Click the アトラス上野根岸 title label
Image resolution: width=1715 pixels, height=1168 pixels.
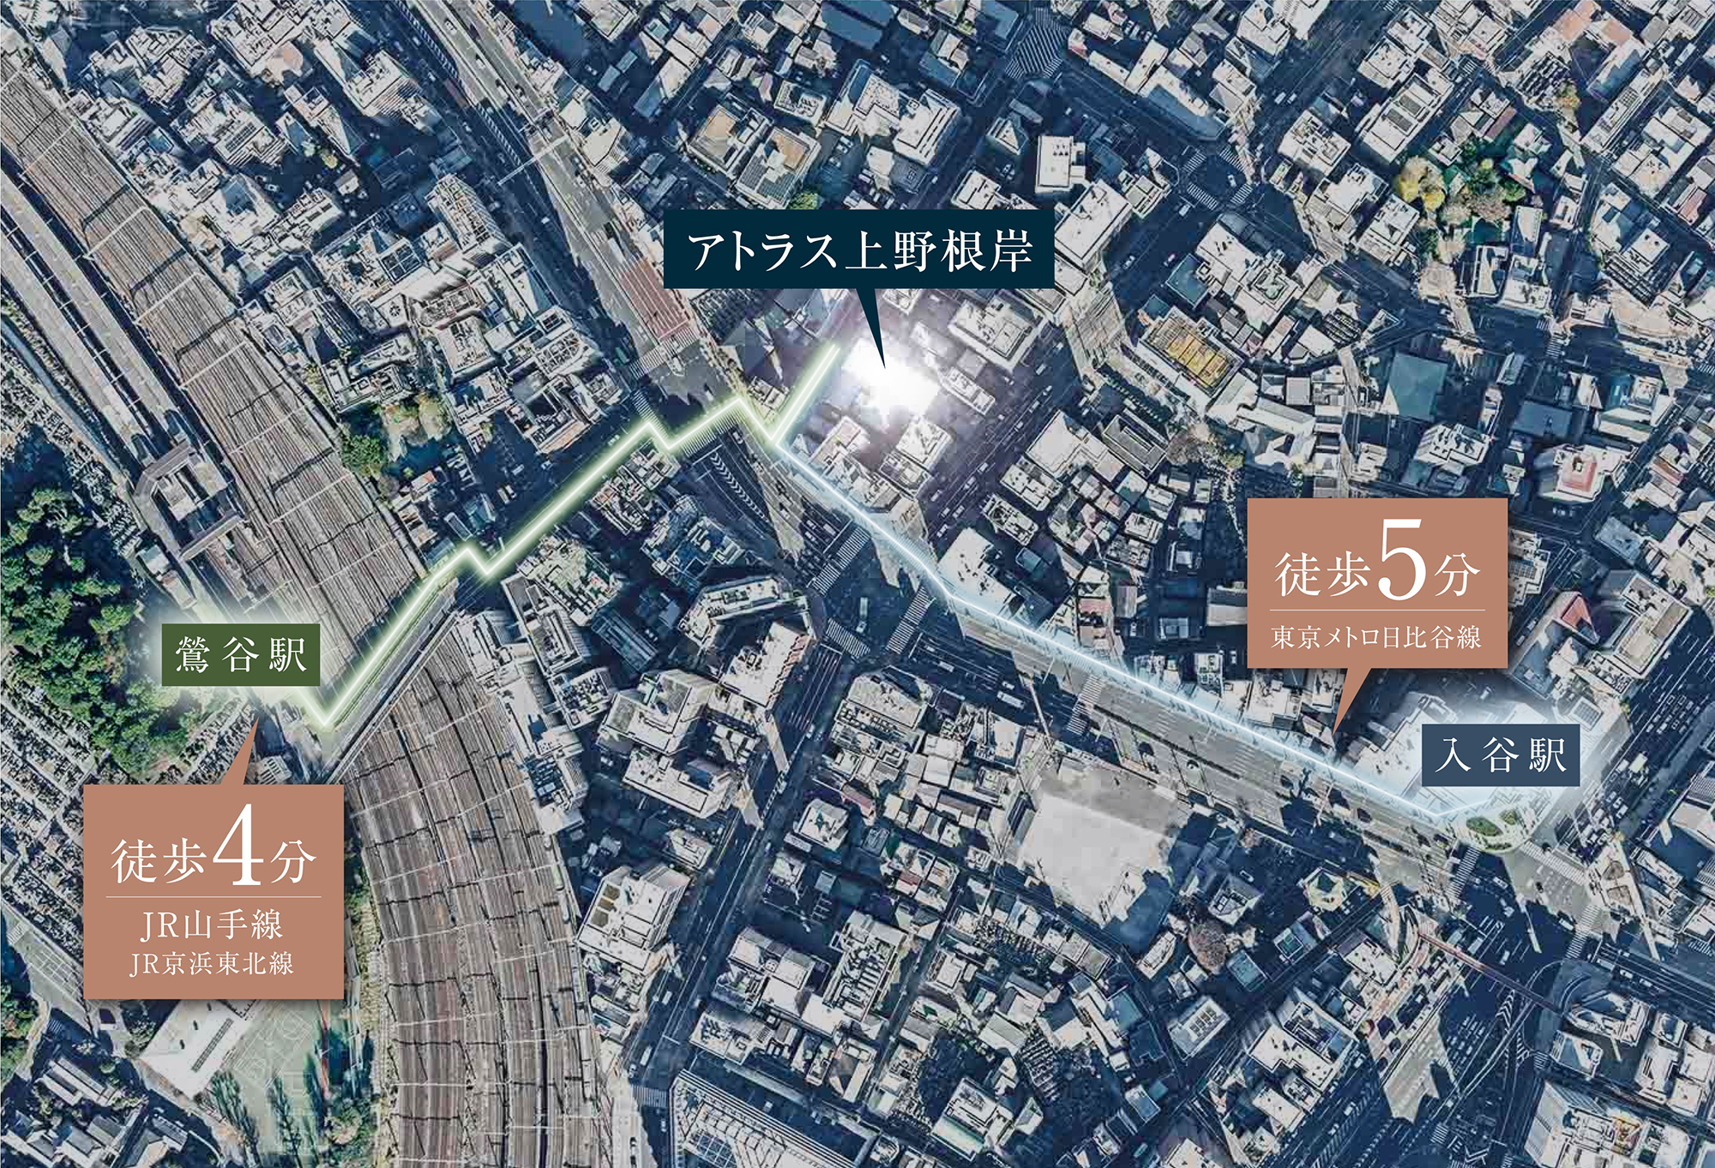point(858,250)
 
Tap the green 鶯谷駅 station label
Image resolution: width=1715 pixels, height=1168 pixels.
point(241,654)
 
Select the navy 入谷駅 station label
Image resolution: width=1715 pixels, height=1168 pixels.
point(1501,756)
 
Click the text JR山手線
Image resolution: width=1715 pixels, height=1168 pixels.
point(212,925)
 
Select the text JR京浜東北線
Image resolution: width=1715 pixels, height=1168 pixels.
point(212,964)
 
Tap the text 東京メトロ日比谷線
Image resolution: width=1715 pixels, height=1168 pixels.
point(1376,637)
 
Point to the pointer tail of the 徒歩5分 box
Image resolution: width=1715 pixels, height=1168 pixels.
point(1337,729)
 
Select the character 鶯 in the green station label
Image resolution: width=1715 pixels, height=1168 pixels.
point(192,655)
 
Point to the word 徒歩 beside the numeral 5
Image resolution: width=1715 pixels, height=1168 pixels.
point(1321,575)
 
